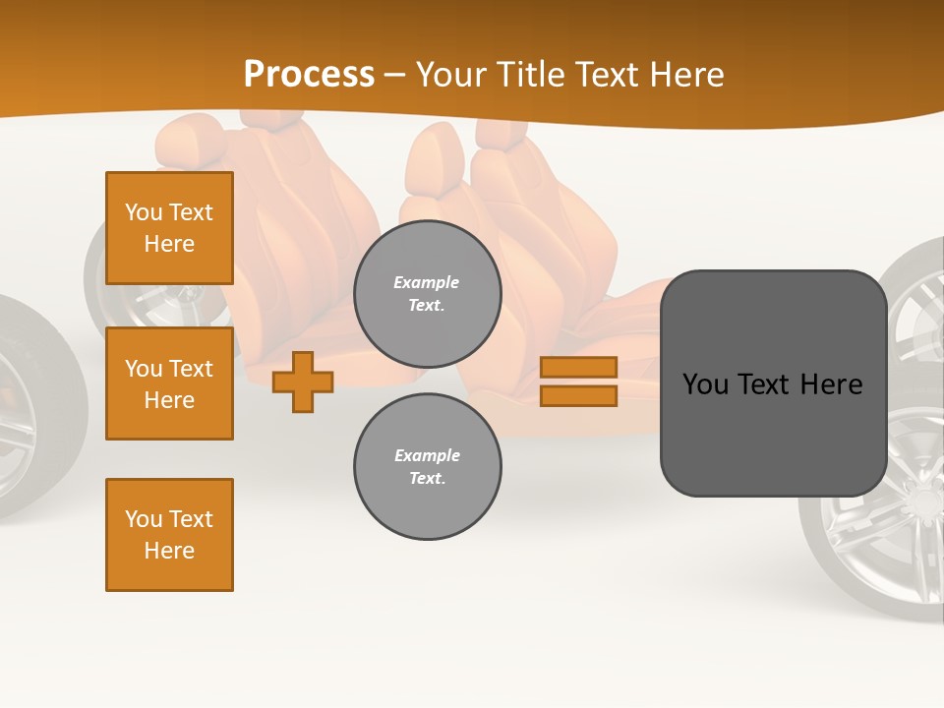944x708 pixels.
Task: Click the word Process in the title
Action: tap(309, 75)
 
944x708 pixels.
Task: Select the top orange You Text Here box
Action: tap(169, 228)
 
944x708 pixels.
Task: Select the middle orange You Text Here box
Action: tap(169, 383)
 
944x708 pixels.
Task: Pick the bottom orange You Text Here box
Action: tap(169, 535)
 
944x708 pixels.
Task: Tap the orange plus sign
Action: tap(303, 382)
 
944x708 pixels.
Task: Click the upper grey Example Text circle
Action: tap(427, 293)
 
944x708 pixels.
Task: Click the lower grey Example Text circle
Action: tap(427, 466)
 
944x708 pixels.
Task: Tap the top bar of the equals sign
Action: tap(578, 367)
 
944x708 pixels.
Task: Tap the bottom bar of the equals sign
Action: tap(578, 395)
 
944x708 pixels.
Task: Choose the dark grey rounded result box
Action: tap(773, 383)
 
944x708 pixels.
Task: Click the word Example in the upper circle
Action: tap(427, 282)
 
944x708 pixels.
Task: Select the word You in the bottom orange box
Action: tap(143, 519)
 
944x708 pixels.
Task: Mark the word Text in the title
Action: tap(608, 75)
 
